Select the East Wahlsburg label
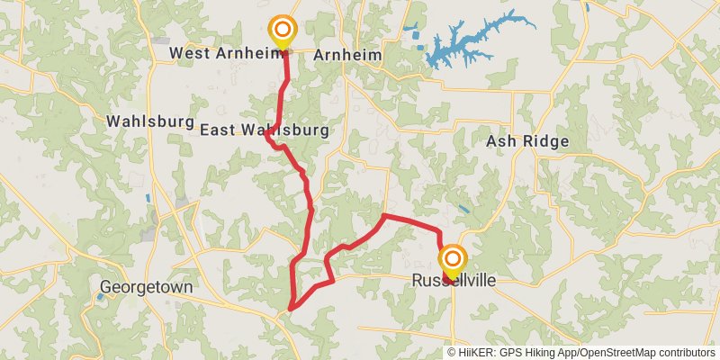click(264, 130)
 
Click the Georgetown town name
click(147, 288)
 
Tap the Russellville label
click(454, 281)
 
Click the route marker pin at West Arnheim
click(283, 29)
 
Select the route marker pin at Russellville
click(451, 261)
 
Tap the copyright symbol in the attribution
click(453, 353)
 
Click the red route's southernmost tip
click(290, 310)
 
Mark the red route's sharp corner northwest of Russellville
click(384, 216)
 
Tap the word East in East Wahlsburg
click(217, 130)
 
